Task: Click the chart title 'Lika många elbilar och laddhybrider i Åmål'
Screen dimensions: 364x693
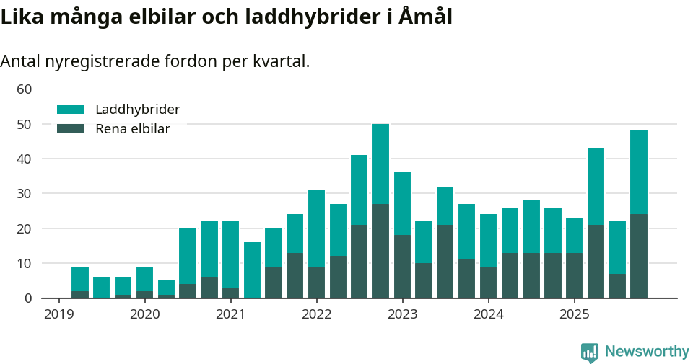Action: click(x=226, y=17)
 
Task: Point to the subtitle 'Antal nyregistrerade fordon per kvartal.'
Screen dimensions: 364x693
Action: click(x=154, y=61)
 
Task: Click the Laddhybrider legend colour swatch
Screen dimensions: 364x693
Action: click(x=71, y=110)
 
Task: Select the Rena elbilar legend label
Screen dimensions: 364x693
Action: click(x=133, y=129)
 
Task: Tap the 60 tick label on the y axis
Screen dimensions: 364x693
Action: click(x=25, y=89)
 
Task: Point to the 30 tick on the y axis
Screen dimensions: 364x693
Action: click(x=25, y=194)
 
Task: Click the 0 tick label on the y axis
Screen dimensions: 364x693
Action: click(x=28, y=298)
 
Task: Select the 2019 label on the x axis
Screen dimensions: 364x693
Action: click(x=58, y=314)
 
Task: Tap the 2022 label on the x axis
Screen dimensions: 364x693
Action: click(x=316, y=314)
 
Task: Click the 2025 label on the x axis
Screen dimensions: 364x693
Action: click(x=574, y=314)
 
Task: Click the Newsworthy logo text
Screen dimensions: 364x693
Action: click(x=647, y=352)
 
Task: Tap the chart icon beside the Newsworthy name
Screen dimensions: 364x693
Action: click(x=589, y=352)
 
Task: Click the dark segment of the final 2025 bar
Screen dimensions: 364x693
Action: click(x=638, y=256)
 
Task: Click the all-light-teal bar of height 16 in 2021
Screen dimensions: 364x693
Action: click(x=252, y=270)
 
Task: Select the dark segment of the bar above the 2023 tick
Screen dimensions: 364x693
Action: click(x=402, y=267)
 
